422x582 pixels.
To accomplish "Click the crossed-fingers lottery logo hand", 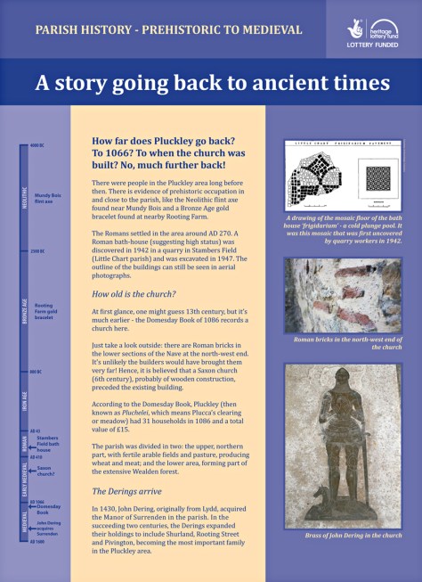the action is click(x=354, y=29).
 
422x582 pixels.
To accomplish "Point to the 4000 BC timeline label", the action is click(x=37, y=145).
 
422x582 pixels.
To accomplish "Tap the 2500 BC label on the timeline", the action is click(x=37, y=251).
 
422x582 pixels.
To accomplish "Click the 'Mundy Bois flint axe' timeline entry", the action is click(x=48, y=197).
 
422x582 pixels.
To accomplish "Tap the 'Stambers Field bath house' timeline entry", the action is click(x=48, y=443).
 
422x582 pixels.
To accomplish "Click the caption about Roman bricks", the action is click(x=342, y=343).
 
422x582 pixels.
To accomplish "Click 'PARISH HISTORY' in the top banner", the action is click(x=78, y=29).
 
